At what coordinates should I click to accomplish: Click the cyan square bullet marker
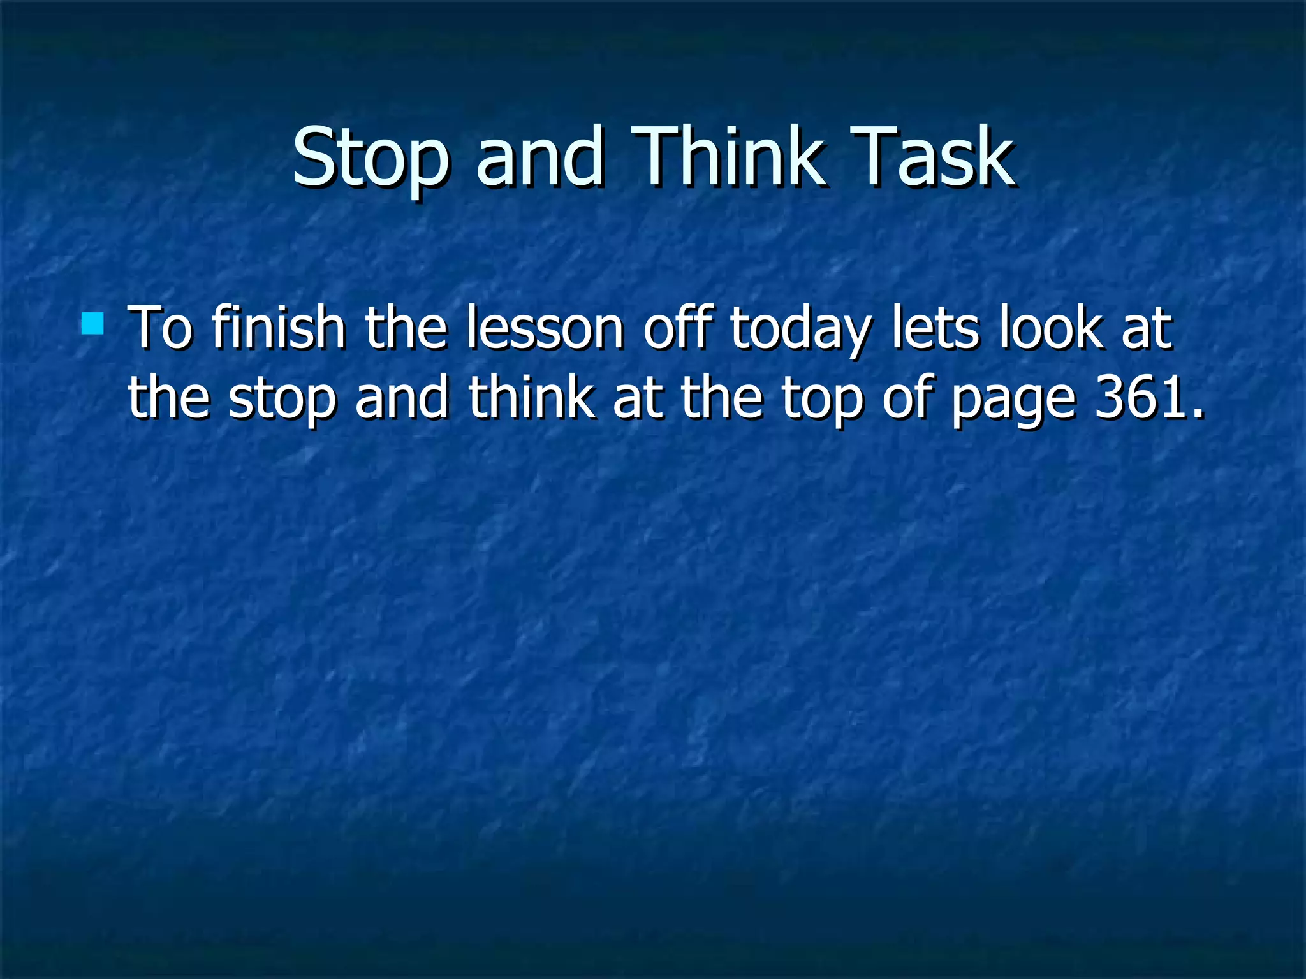tap(92, 324)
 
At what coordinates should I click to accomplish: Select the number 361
tap(1141, 398)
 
